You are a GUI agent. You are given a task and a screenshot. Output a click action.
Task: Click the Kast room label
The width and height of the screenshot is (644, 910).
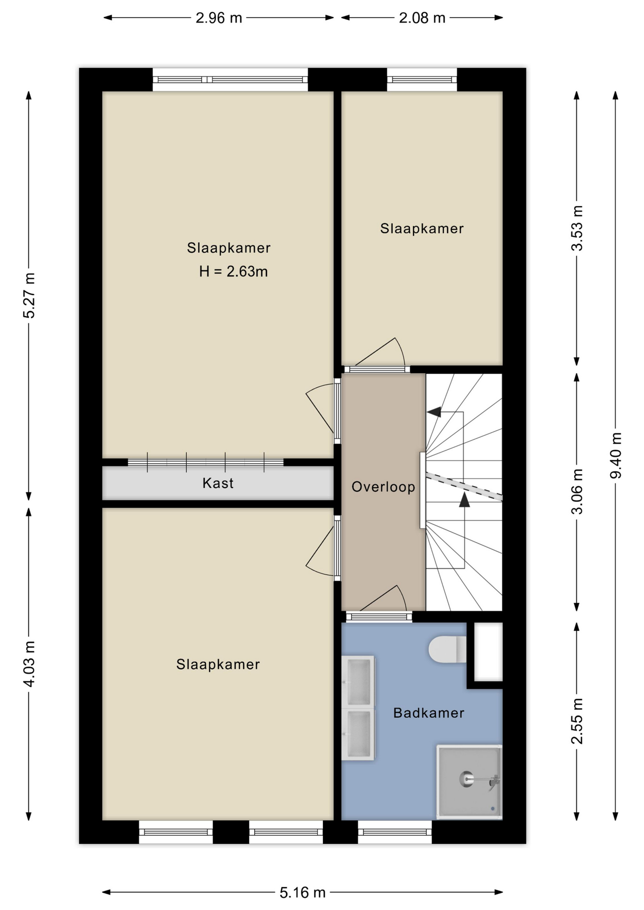pyautogui.click(x=218, y=483)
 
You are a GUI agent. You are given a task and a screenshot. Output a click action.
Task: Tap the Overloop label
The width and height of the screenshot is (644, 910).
pyautogui.click(x=383, y=487)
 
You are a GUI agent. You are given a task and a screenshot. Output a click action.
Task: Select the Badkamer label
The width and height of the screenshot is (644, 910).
pyautogui.click(x=429, y=713)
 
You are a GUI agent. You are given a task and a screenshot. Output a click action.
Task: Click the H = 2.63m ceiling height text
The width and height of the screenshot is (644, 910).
pyautogui.click(x=233, y=272)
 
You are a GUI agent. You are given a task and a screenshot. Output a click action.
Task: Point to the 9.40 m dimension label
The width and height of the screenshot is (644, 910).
pyautogui.click(x=616, y=455)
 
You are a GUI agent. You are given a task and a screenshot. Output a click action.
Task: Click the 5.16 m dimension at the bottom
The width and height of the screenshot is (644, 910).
pyautogui.click(x=303, y=893)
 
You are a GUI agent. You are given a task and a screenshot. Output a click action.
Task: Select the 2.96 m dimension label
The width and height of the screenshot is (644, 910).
pyautogui.click(x=219, y=18)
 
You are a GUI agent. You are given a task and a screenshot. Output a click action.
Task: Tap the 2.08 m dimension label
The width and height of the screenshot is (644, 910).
pyautogui.click(x=422, y=18)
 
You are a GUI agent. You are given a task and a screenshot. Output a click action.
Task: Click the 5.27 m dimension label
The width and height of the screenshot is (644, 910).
pyautogui.click(x=29, y=295)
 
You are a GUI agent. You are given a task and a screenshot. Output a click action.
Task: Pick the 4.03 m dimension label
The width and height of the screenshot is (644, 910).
pyautogui.click(x=29, y=664)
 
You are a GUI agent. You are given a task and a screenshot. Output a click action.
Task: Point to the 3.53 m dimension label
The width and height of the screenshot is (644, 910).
pyautogui.click(x=577, y=228)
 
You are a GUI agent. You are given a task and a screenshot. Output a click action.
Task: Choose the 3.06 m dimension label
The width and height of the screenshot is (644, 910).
pyautogui.click(x=577, y=491)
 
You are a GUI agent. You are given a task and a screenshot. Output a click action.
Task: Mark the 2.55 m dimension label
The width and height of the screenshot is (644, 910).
pyautogui.click(x=577, y=721)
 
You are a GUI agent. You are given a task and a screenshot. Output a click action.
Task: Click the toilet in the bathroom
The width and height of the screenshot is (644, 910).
pyautogui.click(x=447, y=649)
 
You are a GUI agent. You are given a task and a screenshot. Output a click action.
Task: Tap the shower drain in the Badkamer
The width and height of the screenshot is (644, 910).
pyautogui.click(x=466, y=779)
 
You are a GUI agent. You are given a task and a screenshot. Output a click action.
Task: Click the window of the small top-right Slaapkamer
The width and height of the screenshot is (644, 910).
pyautogui.click(x=422, y=80)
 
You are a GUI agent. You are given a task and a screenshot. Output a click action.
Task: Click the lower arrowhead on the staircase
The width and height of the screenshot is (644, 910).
pyautogui.click(x=464, y=500)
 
